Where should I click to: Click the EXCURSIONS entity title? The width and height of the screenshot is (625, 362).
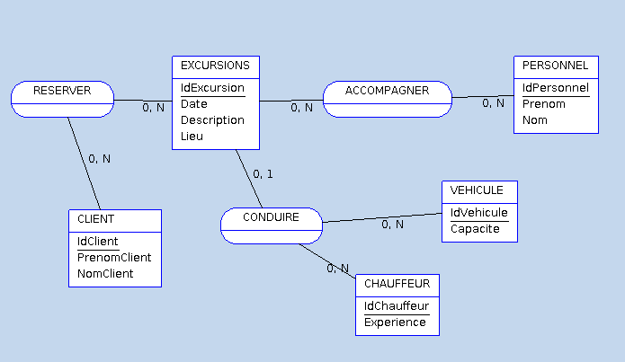(215, 66)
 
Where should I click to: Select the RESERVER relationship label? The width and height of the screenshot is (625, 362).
(62, 91)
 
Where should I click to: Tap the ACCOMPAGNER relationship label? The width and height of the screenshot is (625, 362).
(387, 91)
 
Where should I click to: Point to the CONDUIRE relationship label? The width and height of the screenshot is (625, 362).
(271, 217)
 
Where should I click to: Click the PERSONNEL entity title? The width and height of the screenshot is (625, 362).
(555, 66)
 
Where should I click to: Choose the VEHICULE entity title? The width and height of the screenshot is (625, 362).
(479, 190)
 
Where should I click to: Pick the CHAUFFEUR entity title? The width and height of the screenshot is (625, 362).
(397, 284)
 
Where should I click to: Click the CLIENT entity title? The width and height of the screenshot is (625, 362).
(95, 219)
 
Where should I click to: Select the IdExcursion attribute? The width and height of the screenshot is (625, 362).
(212, 88)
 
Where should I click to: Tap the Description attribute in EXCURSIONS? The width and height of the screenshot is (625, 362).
(212, 120)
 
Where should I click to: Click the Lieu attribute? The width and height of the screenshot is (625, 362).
(192, 137)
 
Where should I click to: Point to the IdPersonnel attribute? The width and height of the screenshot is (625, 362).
(555, 88)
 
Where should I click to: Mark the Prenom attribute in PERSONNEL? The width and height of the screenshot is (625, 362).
(544, 104)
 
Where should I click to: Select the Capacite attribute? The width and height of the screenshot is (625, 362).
(474, 229)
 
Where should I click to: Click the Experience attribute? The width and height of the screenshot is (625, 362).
(395, 322)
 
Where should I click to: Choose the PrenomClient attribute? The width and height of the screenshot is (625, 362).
(114, 258)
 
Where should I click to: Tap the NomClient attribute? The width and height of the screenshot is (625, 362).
(105, 274)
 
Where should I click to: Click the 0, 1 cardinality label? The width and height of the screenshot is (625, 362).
(263, 174)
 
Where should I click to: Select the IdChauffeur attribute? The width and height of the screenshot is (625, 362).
(396, 306)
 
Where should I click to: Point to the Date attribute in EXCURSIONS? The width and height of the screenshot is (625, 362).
(194, 104)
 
